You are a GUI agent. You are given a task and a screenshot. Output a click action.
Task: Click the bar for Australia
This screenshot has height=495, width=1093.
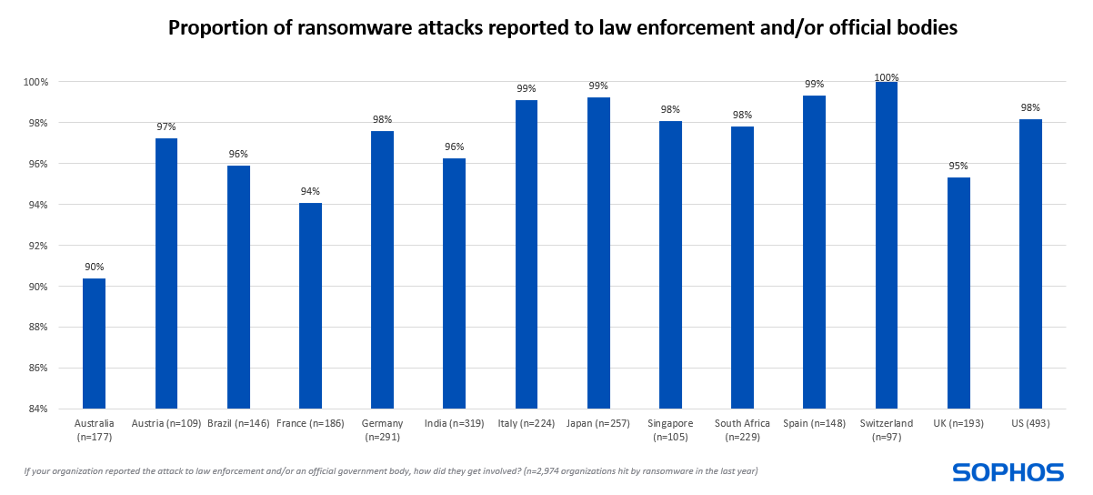pos(94,343)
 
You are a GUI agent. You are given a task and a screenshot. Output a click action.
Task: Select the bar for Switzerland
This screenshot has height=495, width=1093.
pos(887,245)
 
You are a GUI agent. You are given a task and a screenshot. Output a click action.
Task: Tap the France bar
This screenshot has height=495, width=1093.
pos(310,306)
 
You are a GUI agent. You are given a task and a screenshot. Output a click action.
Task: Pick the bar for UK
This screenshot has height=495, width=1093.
pos(958,293)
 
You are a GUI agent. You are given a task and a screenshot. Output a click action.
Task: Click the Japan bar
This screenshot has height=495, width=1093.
pos(598,253)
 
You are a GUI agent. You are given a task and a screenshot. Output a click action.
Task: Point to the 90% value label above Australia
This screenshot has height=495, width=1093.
pos(94,267)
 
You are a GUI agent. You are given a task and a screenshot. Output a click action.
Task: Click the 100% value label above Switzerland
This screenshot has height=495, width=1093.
pos(887,77)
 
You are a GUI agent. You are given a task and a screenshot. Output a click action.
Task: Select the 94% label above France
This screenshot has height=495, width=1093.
pos(310,191)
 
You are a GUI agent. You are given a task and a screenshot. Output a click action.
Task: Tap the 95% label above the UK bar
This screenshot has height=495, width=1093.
pos(958,166)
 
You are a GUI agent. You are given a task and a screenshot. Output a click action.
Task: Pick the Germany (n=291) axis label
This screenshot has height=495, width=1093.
pos(382,429)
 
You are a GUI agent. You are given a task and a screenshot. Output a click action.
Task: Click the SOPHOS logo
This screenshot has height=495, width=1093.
pos(1008,471)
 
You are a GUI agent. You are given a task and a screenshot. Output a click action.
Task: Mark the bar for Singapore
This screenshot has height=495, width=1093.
pos(670,265)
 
